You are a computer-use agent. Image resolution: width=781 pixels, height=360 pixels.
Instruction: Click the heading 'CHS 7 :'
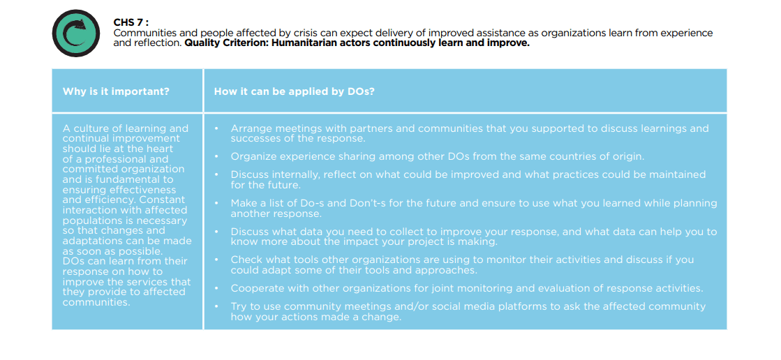pos(131,23)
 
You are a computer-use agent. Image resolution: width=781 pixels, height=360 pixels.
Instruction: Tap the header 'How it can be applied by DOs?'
pos(295,92)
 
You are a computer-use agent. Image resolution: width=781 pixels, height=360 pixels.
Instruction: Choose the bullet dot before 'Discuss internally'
pos(217,175)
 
